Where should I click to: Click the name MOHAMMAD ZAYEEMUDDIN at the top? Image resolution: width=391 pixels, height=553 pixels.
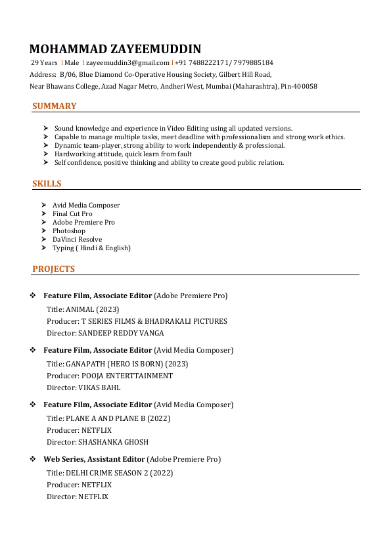point(116,49)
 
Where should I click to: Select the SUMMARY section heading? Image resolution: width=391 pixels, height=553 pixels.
point(54,106)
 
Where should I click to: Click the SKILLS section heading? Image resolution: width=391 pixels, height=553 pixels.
point(47,184)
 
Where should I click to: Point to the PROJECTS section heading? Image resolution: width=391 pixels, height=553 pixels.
point(53,269)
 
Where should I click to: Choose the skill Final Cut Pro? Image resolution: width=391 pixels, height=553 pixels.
point(72,214)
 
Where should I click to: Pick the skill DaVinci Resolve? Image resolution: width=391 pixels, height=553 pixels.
point(77,240)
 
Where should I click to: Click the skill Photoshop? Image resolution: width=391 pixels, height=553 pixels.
point(69,231)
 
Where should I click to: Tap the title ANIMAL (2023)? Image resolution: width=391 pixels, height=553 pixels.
point(92,309)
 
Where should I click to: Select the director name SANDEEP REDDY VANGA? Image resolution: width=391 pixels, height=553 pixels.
point(121,334)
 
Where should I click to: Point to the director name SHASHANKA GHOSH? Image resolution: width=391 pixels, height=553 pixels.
point(113,443)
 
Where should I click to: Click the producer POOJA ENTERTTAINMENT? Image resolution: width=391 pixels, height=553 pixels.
point(127,376)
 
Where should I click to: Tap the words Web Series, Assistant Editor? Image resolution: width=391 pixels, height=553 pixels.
point(94,459)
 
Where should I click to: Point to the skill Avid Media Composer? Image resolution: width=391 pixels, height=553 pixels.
point(86,206)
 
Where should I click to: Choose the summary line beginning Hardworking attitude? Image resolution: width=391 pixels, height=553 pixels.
point(123,154)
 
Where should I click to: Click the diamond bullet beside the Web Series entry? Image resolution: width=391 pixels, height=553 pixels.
point(33,459)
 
